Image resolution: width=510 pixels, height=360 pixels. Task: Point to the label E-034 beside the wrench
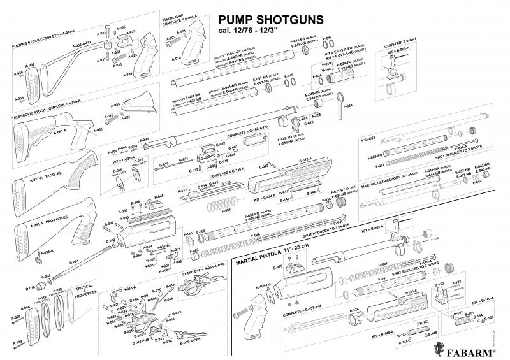click(x=348, y=106)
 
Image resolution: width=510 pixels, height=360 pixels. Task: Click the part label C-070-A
click(x=304, y=157)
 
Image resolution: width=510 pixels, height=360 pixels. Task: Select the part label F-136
click(x=189, y=234)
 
